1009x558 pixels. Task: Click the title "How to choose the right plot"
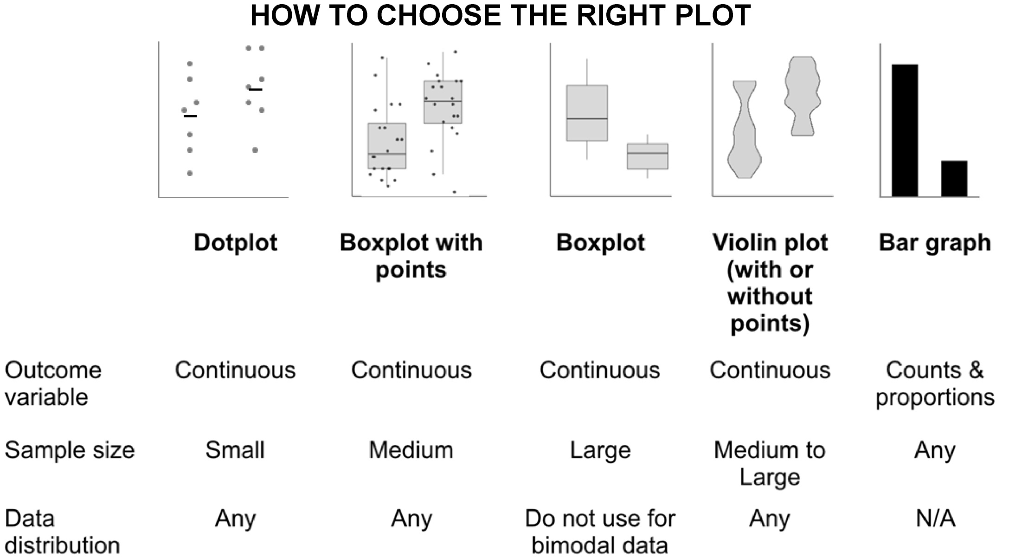click(x=501, y=15)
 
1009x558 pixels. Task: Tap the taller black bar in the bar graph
click(x=905, y=130)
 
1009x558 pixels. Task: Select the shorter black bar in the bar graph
click(x=954, y=178)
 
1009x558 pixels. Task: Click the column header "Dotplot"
click(x=236, y=243)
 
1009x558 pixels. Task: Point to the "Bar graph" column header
click(x=935, y=243)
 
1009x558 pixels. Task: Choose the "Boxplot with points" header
click(x=411, y=256)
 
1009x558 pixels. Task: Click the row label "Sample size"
click(x=70, y=450)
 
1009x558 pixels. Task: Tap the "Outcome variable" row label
click(x=53, y=383)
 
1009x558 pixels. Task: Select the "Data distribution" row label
click(x=62, y=532)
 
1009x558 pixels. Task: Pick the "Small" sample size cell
click(x=235, y=450)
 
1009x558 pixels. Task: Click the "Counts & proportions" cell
click(x=935, y=383)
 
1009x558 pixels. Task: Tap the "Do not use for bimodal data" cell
click(x=600, y=532)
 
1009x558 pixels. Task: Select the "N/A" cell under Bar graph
click(x=935, y=519)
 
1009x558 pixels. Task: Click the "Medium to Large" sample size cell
click(x=770, y=463)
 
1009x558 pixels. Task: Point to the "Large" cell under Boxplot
click(x=600, y=451)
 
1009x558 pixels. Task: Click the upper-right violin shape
click(x=803, y=96)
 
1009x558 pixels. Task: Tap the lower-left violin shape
click(x=744, y=130)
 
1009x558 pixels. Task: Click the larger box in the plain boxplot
click(x=587, y=113)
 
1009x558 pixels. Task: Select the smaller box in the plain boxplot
click(x=648, y=156)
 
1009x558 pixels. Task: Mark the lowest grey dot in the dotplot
click(x=190, y=173)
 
